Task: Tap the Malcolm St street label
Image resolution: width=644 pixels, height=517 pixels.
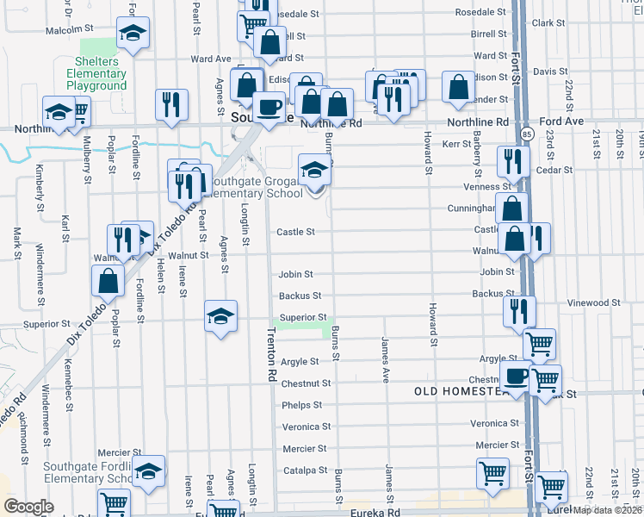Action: [70, 28]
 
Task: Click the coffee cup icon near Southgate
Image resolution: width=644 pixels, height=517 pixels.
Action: [269, 107]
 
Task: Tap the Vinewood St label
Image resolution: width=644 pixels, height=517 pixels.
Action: [594, 302]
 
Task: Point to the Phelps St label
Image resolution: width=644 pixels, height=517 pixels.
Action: [301, 405]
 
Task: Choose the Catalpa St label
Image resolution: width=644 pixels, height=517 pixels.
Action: [301, 470]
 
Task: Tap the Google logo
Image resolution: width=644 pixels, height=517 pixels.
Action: [28, 506]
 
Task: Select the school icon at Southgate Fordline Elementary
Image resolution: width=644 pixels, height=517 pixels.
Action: [148, 470]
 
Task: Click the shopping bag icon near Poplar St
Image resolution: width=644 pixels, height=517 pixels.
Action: [108, 279]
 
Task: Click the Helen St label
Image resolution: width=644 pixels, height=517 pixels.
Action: [161, 277]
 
